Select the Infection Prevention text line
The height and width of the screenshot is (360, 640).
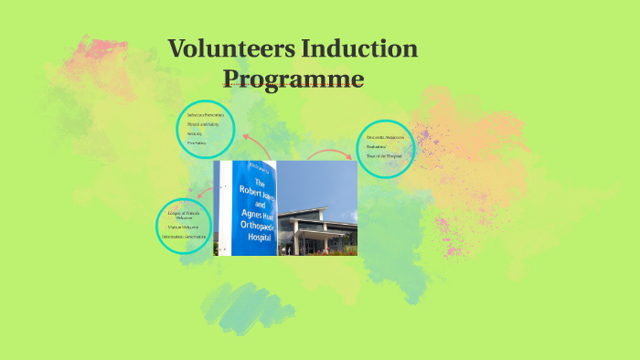click(x=205, y=115)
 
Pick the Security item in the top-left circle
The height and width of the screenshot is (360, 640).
click(x=194, y=133)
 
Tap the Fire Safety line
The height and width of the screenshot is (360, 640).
click(x=197, y=143)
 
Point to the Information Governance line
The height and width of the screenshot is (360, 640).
click(x=186, y=238)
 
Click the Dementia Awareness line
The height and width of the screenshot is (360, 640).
click(x=384, y=137)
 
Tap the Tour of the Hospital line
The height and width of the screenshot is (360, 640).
click(x=385, y=155)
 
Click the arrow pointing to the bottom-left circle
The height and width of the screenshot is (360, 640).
click(x=209, y=193)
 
